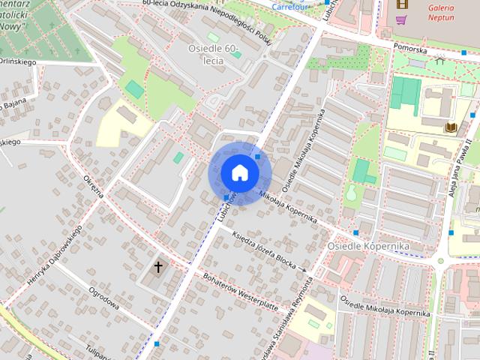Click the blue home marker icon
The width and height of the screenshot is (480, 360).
(x=238, y=172)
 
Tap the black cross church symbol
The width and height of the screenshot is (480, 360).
(x=158, y=266)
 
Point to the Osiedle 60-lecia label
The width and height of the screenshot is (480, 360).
(x=212, y=54)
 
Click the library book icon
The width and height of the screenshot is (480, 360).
(x=451, y=127)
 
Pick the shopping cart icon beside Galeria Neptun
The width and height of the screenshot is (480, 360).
(x=402, y=19)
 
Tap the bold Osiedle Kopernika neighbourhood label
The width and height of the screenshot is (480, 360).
(x=367, y=246)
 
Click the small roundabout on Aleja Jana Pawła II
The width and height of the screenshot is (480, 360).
(x=442, y=262)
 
